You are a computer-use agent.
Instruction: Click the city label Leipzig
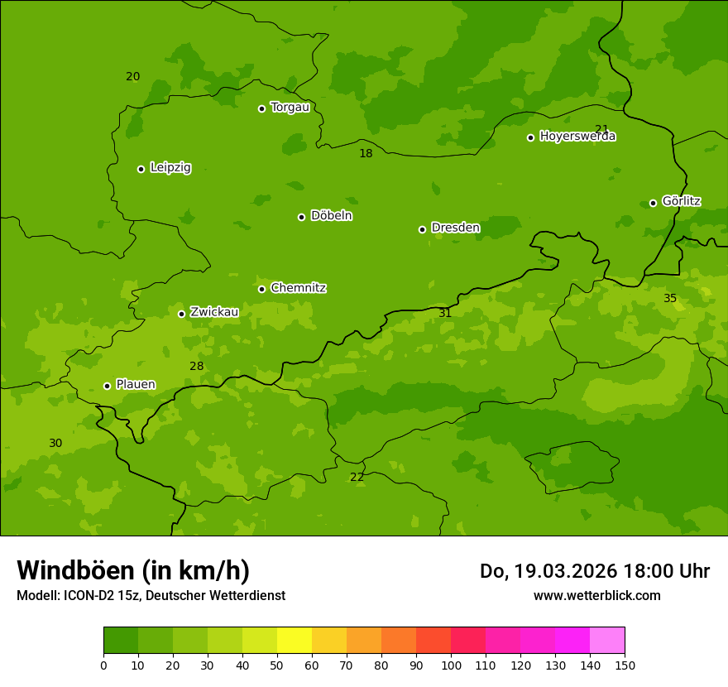point(170,168)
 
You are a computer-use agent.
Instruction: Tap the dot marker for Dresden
point(422,229)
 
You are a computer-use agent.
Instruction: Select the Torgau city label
point(290,108)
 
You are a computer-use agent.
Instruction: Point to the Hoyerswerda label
point(577,137)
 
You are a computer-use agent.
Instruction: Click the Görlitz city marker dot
point(653,203)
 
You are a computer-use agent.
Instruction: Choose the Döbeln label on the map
point(331,216)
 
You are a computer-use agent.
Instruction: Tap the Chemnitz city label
point(298,288)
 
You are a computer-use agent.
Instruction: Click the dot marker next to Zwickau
point(181,314)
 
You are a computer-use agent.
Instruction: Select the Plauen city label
point(136,385)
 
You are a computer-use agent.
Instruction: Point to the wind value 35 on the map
point(670,298)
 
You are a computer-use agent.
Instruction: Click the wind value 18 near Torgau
point(366,153)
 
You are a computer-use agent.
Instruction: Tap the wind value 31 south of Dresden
point(445,313)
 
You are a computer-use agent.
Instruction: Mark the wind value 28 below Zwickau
point(196,367)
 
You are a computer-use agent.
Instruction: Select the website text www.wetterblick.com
point(596,595)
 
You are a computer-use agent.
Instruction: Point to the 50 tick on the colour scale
point(277,665)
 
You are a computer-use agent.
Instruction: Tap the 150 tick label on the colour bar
point(625,665)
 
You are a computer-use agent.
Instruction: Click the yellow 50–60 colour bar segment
point(295,640)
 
